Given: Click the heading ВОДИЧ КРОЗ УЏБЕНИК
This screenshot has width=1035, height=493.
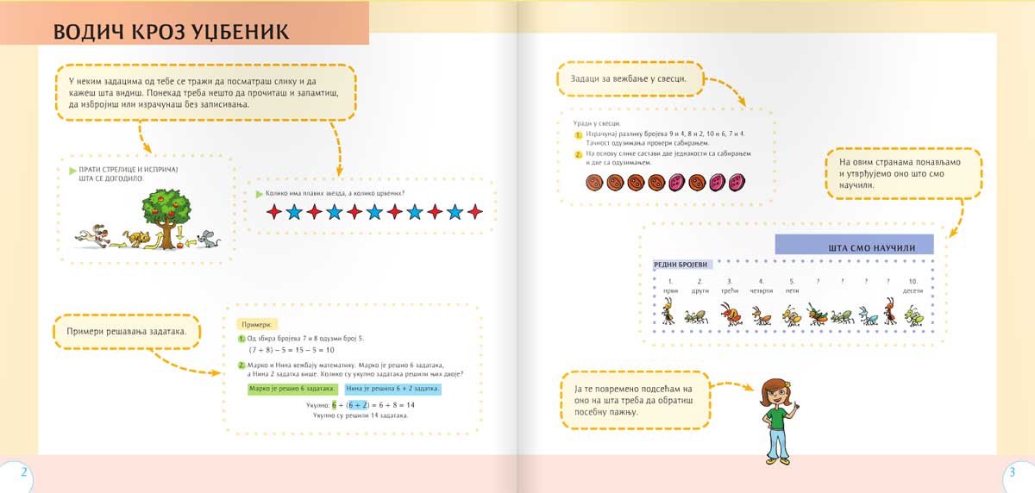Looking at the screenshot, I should (x=171, y=31).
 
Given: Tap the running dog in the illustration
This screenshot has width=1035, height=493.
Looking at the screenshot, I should (x=91, y=234).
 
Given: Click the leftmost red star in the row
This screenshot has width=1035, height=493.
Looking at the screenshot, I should (x=274, y=212).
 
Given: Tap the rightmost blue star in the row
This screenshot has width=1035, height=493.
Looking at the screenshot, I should (x=455, y=212).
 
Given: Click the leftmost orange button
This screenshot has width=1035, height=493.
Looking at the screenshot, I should (x=593, y=183).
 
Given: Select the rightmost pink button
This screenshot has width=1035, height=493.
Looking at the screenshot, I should (x=737, y=183).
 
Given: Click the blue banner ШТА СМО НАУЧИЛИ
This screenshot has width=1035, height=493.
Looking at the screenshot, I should (x=854, y=246).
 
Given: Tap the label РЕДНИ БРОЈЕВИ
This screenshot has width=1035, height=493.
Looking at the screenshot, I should (x=681, y=264).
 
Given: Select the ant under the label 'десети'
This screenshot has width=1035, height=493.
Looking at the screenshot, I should (x=913, y=315).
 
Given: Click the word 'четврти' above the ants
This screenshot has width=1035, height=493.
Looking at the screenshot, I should (x=761, y=291).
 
